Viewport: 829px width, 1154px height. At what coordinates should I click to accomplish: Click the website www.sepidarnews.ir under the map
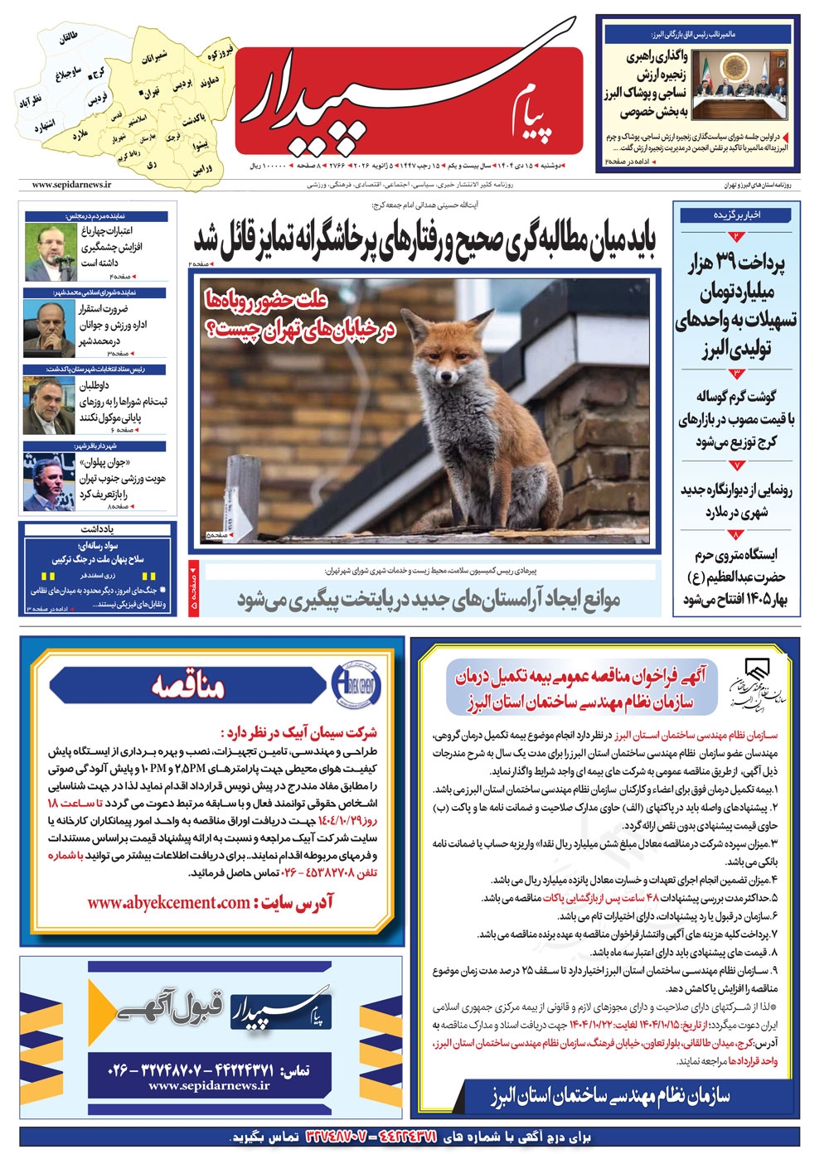[x=71, y=185]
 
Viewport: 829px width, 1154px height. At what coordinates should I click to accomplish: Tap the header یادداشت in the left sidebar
[x=97, y=529]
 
